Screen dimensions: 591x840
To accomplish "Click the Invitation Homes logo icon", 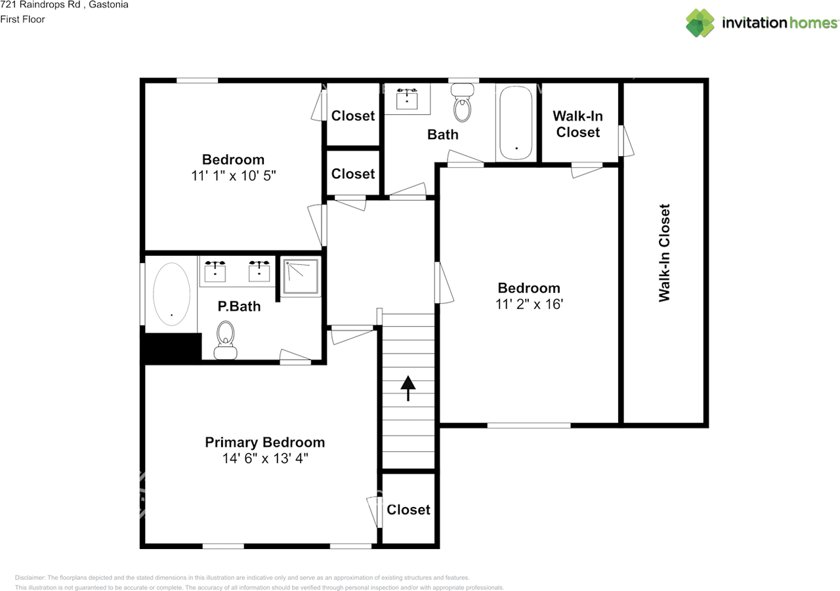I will (700, 23).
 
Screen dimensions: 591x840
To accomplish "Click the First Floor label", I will (23, 19).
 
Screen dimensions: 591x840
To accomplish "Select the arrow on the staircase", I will (408, 388).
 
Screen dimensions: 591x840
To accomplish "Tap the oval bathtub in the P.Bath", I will (171, 295).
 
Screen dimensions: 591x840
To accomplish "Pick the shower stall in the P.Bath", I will (301, 278).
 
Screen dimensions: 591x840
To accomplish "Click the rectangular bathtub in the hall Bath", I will (517, 122).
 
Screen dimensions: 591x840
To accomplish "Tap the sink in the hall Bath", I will (407, 98).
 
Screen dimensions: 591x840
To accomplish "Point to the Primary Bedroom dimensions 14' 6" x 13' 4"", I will (264, 459).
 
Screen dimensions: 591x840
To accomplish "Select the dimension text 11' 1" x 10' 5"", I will (233, 175).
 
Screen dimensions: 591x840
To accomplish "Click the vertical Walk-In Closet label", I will (664, 253).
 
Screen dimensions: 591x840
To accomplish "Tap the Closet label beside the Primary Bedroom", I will (408, 510).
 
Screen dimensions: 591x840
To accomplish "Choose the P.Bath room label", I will (239, 306).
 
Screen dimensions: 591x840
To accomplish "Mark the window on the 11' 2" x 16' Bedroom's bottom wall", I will (528, 426).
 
